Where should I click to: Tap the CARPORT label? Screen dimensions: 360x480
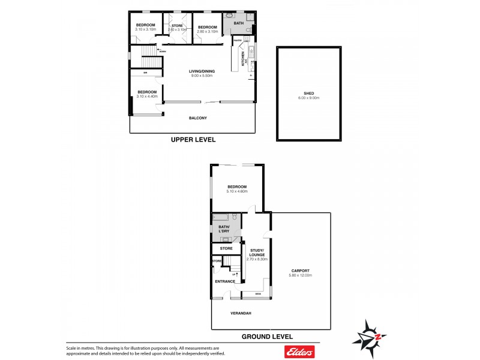pyautogui.click(x=300, y=271)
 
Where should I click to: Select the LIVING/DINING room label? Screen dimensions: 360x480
pyautogui.click(x=202, y=71)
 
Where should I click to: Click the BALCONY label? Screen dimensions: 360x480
pyautogui.click(x=197, y=118)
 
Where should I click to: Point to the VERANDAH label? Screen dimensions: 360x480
pyautogui.click(x=241, y=314)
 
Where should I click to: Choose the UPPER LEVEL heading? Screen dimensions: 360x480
pyautogui.click(x=193, y=139)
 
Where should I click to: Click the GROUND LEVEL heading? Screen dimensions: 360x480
pyautogui.click(x=267, y=337)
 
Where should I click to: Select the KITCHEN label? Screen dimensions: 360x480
pyautogui.click(x=243, y=58)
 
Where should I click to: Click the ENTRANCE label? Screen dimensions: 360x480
pyautogui.click(x=225, y=281)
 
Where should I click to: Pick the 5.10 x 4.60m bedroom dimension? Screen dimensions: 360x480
pyautogui.click(x=236, y=191)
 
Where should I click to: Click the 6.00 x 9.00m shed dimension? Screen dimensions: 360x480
pyautogui.click(x=309, y=99)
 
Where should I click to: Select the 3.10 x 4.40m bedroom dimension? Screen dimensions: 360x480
pyautogui.click(x=146, y=96)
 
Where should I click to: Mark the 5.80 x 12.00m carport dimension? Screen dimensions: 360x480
pyautogui.click(x=300, y=275)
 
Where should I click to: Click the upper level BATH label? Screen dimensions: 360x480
pyautogui.click(x=239, y=23)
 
